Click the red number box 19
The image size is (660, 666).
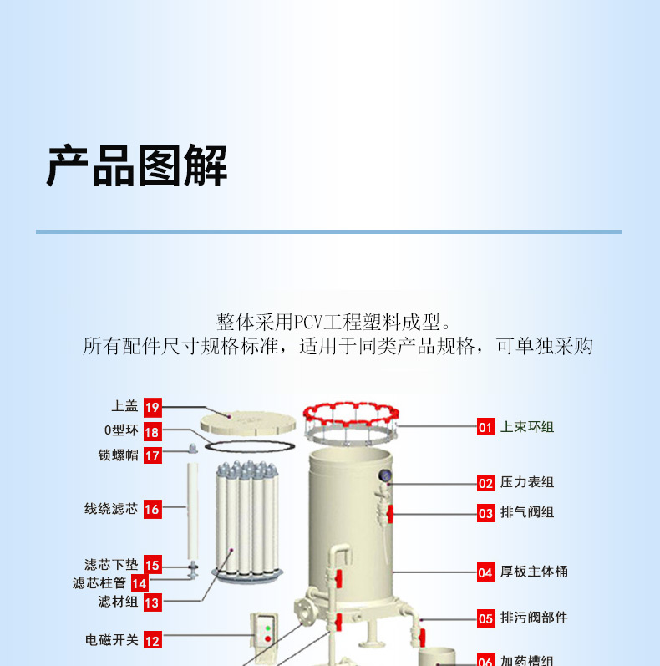pos(153,407)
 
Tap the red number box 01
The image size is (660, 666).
pos(486,426)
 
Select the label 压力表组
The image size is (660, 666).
pos(527,482)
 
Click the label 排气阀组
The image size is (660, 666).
pos(527,512)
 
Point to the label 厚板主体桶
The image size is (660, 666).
pos(534,572)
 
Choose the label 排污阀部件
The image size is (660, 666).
pos(534,618)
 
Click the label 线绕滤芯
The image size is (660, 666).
pos(111,508)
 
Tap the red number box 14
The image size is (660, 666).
pos(140,583)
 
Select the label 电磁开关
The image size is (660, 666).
pos(112,639)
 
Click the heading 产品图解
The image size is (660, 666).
pos(137,165)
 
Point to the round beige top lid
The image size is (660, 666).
pos(248,422)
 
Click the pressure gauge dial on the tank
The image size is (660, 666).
pos(385,475)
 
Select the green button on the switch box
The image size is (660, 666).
pos(268,628)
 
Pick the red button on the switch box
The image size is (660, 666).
pos(268,638)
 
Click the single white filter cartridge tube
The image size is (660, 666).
pos(193,511)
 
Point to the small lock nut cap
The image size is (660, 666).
pos(193,448)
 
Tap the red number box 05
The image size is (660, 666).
pos(486,618)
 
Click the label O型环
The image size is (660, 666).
pos(121,430)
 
